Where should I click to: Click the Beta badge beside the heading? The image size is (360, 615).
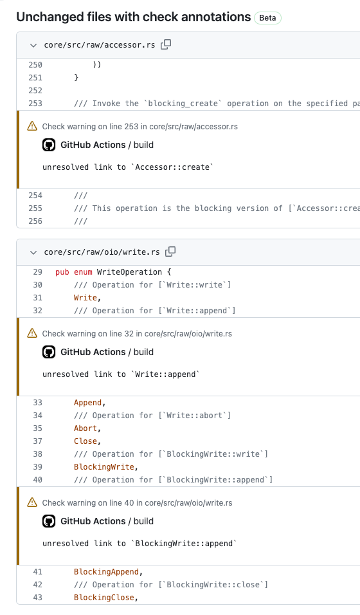click(267, 18)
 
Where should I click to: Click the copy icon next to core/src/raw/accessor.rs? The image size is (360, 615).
click(166, 44)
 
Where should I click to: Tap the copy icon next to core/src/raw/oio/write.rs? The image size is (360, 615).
click(170, 252)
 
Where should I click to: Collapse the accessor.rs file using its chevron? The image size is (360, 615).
click(33, 46)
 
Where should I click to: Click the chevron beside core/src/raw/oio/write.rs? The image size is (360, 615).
click(33, 253)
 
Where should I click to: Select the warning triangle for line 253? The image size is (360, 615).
click(32, 126)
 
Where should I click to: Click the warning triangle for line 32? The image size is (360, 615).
click(32, 333)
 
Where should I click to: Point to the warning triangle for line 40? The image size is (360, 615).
click(32, 502)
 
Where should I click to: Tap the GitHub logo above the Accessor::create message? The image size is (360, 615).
click(49, 145)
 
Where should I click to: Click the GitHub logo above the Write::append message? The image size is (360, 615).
click(49, 353)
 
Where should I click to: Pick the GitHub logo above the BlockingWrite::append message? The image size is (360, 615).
click(49, 521)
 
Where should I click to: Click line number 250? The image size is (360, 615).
click(35, 65)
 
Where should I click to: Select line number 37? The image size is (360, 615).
click(38, 441)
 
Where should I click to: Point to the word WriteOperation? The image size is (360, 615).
click(129, 272)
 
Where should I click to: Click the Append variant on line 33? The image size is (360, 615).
click(88, 403)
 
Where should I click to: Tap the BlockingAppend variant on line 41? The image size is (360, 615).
click(106, 573)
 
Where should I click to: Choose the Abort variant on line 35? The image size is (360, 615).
click(85, 428)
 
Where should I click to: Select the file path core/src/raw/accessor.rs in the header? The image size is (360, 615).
click(100, 45)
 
